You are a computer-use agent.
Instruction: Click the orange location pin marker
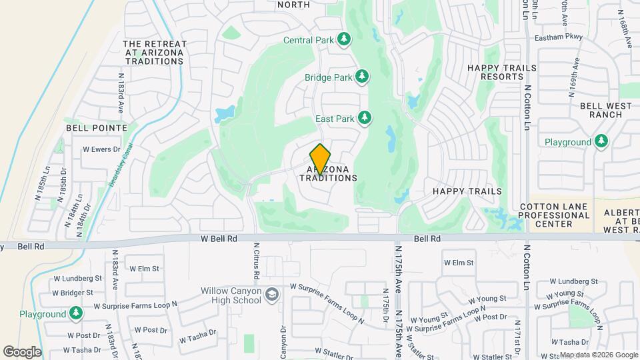point(321,159)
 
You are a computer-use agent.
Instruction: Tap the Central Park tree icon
point(345,40)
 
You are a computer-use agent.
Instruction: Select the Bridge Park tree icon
point(363,77)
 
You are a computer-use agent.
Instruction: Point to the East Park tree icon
point(365,119)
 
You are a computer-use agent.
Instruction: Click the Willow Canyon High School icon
point(272,295)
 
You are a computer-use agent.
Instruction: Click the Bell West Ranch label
point(601,110)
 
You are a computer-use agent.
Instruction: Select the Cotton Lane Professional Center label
point(555,215)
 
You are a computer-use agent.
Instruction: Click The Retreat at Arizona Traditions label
point(154,53)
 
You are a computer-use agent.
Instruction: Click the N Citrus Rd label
point(256,260)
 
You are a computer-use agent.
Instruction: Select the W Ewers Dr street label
point(101,149)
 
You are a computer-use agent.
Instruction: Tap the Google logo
point(22,351)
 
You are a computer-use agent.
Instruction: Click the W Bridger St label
point(72,293)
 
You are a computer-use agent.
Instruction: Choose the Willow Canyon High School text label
point(231,295)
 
